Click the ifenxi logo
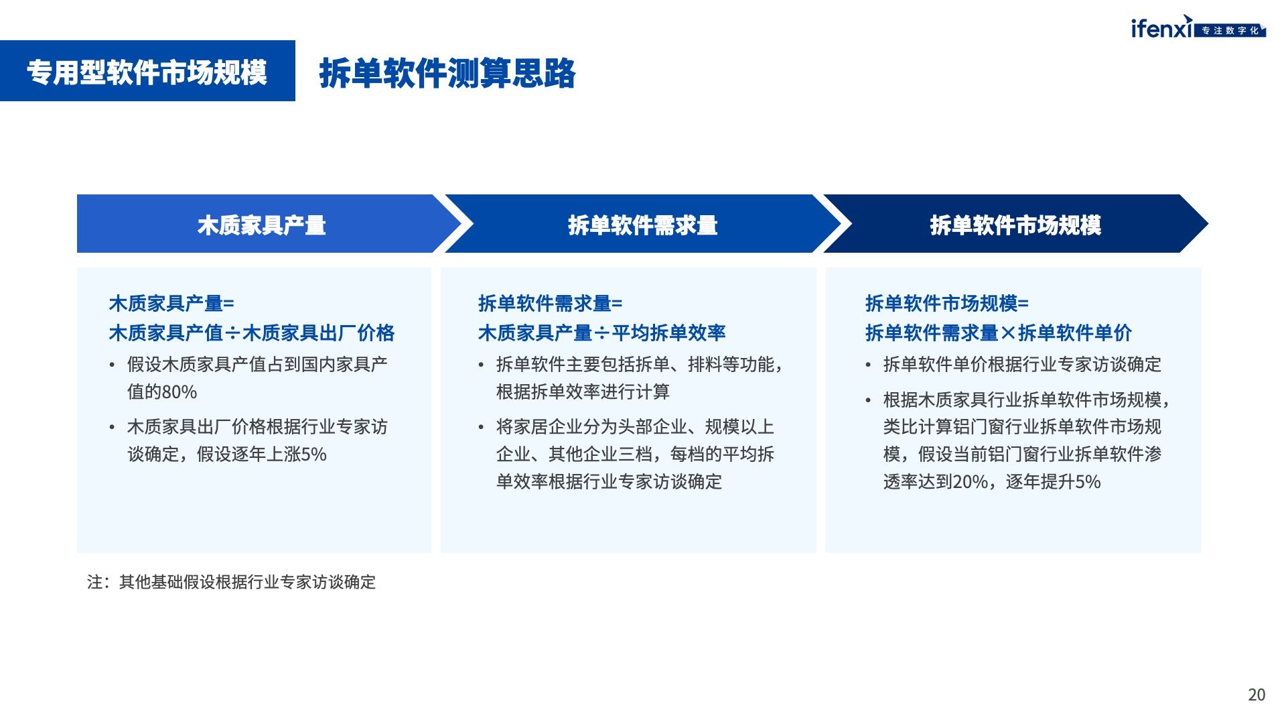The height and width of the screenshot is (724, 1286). [1198, 27]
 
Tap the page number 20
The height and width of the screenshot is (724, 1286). [1257, 695]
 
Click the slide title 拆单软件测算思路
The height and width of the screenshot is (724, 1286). [447, 73]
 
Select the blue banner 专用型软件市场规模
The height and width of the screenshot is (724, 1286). [147, 71]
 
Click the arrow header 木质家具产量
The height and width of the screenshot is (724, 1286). [261, 225]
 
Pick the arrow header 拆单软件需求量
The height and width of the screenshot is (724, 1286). [643, 225]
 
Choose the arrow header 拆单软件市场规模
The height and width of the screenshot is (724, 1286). [1015, 225]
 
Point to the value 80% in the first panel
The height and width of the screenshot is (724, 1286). [180, 392]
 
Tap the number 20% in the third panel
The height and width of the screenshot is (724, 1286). [970, 482]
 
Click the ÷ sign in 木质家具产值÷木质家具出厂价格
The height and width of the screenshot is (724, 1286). [232, 333]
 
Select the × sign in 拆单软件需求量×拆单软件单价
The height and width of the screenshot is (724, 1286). [1008, 333]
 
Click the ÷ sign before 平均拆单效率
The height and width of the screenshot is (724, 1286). [601, 333]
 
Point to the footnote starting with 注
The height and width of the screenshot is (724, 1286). [232, 582]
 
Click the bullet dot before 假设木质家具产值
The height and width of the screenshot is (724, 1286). [112, 365]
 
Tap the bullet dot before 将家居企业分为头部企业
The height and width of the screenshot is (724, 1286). [481, 428]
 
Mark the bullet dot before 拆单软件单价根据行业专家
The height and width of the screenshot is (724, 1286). [868, 365]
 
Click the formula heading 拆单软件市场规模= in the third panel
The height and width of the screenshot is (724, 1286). [946, 304]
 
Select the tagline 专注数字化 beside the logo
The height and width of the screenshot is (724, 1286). [1230, 31]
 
